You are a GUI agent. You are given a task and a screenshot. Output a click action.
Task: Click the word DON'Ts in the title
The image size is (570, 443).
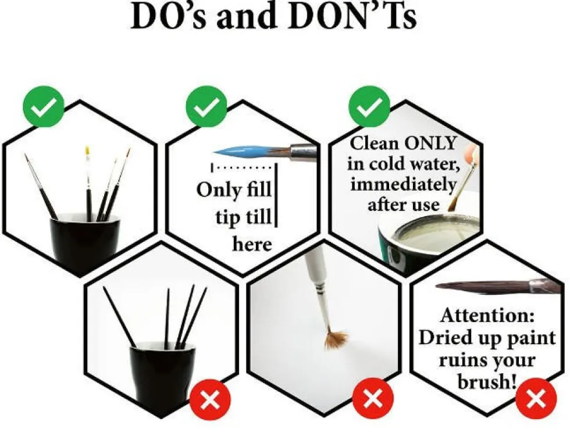pos(352,16)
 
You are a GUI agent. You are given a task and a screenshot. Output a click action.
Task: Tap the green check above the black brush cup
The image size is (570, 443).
pos(44,106)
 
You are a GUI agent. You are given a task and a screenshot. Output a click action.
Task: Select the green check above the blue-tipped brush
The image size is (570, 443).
pos(206,106)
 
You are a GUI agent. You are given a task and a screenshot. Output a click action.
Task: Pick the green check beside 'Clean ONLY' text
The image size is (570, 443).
pos(369,106)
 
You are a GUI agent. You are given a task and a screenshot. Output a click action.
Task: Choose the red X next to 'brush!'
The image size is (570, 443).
pos(536,399)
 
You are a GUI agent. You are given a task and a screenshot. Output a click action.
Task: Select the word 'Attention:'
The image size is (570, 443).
pos(487,315)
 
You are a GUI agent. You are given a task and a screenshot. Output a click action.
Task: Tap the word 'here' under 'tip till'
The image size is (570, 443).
pos(252,244)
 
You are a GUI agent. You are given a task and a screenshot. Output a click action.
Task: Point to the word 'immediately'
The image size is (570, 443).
pos(402,185)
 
